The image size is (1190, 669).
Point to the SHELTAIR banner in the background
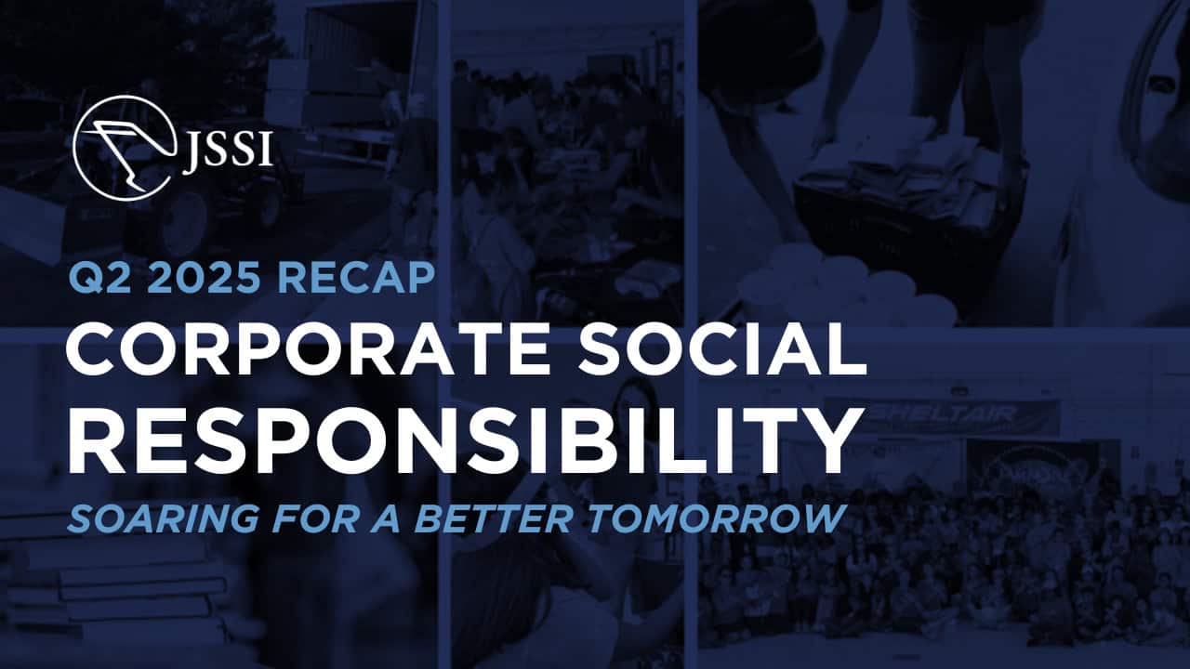[939, 415]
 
